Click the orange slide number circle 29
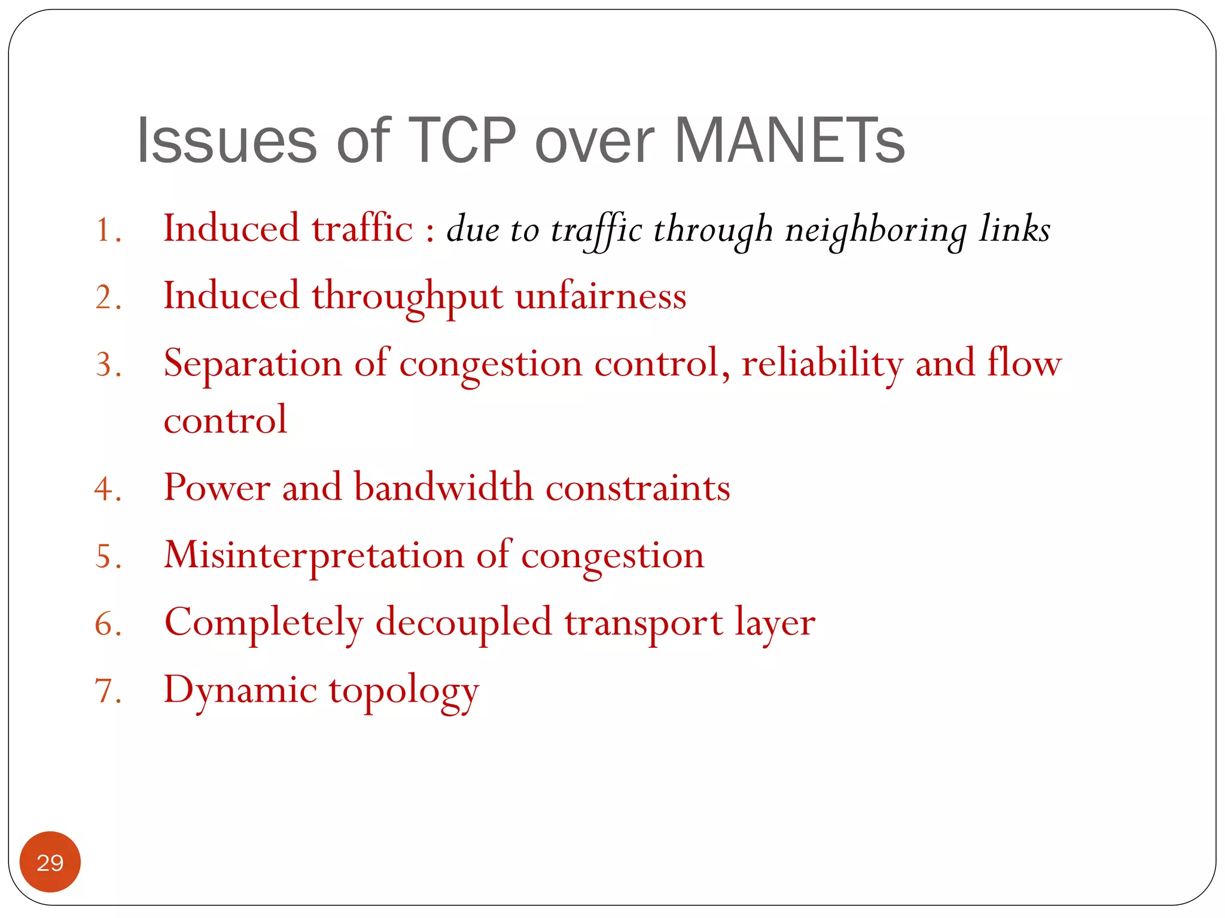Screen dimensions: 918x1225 click(x=50, y=862)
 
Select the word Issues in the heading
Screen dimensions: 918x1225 click(x=226, y=140)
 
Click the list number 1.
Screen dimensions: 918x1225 click(x=108, y=230)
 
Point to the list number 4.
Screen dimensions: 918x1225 click(x=108, y=489)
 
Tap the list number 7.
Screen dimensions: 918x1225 click(x=108, y=691)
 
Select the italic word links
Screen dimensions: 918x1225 click(x=1014, y=229)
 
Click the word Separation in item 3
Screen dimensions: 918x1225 click(x=253, y=364)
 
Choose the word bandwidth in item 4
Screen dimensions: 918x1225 click(x=443, y=487)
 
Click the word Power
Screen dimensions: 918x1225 click(x=217, y=487)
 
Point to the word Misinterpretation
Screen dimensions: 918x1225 click(x=314, y=555)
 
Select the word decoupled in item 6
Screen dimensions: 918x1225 click(x=464, y=623)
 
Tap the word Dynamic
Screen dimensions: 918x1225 click(x=240, y=691)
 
